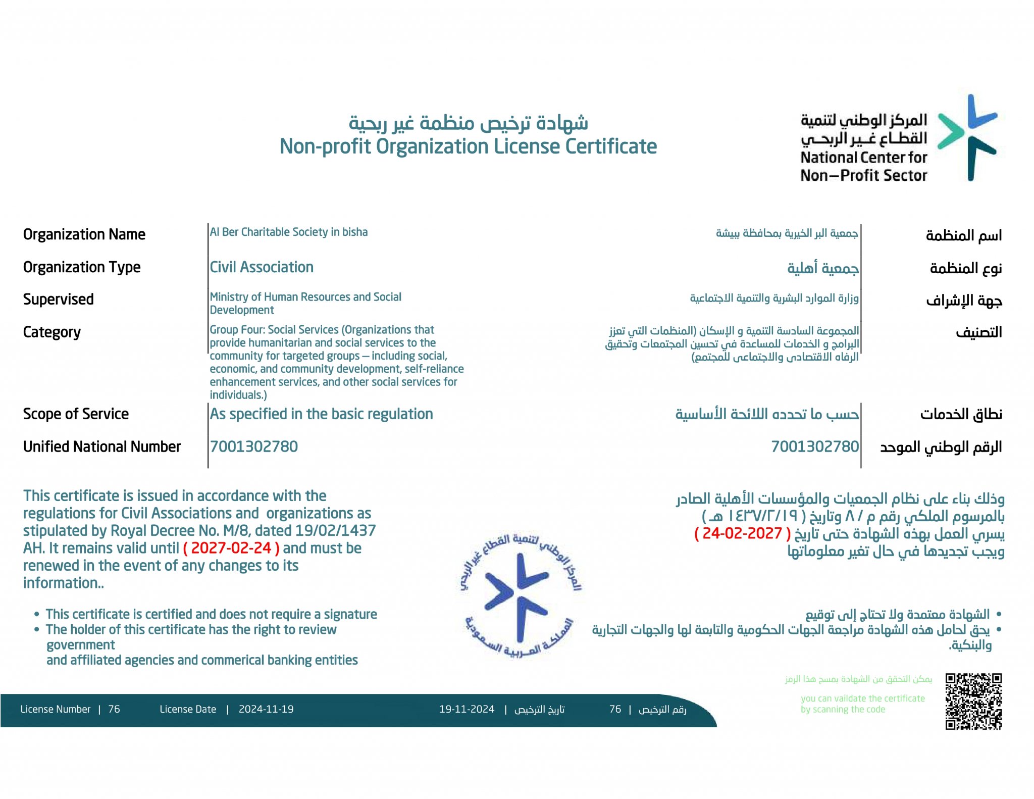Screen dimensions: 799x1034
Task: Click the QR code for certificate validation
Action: [x=973, y=701]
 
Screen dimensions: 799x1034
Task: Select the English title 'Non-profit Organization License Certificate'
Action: [x=468, y=146]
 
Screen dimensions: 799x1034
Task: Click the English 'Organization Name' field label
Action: [x=84, y=234]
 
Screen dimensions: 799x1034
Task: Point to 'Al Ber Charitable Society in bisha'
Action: [x=288, y=232]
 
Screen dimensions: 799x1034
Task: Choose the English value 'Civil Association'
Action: [x=262, y=267]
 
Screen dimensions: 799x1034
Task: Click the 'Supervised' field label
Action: [x=58, y=299]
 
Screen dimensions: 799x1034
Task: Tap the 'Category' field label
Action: [x=51, y=332]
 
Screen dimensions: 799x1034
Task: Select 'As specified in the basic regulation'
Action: [x=321, y=414]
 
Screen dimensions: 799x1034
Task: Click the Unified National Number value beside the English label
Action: [x=253, y=446]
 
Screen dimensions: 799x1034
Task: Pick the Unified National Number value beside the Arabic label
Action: [x=814, y=446]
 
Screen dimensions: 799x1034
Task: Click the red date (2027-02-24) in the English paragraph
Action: [x=231, y=548]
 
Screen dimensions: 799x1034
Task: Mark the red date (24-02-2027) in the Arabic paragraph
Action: [x=742, y=533]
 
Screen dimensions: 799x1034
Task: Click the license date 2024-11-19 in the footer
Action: [x=266, y=709]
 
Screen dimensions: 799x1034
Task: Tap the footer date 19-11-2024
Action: [x=467, y=709]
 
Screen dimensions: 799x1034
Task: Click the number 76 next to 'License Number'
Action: [x=114, y=709]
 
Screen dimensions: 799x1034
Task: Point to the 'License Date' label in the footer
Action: [x=188, y=709]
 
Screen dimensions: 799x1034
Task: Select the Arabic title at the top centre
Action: [x=468, y=123]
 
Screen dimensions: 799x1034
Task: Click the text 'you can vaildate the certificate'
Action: [x=862, y=698]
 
